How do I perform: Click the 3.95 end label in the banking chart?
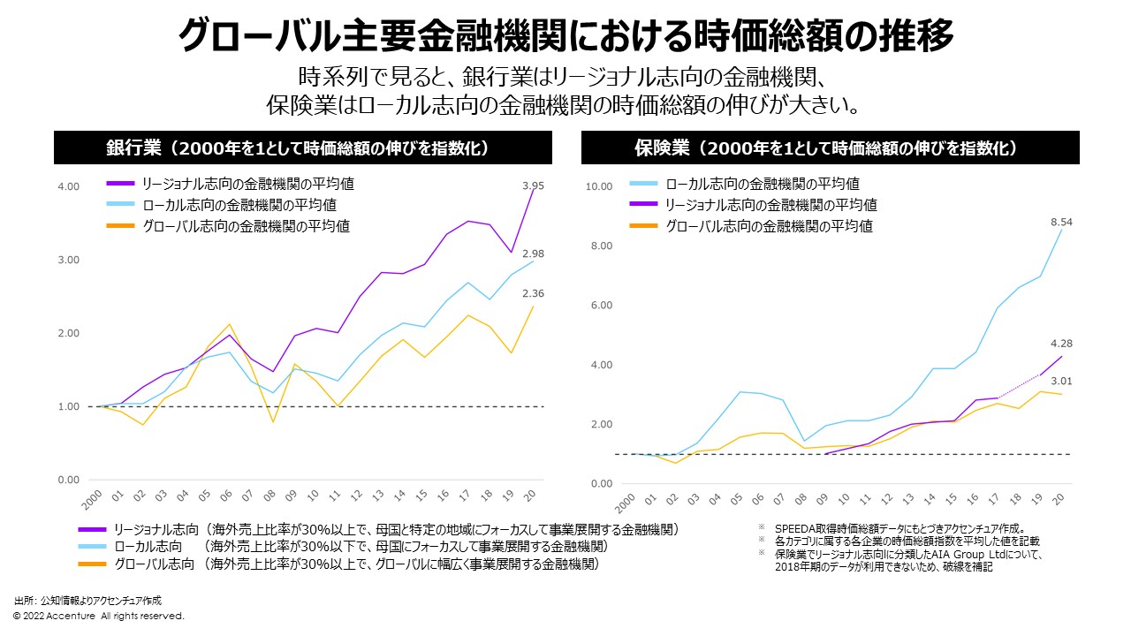click(x=533, y=186)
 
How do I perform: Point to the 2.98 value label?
click(x=533, y=254)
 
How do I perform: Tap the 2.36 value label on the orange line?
click(x=533, y=294)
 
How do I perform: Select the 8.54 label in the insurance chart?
click(x=1061, y=223)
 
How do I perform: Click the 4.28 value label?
click(x=1061, y=344)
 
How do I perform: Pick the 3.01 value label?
click(x=1061, y=382)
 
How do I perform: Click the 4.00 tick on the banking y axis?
click(x=68, y=186)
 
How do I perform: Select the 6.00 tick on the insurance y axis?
click(x=601, y=306)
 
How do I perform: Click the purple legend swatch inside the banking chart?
click(x=119, y=185)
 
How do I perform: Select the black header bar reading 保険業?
click(x=830, y=148)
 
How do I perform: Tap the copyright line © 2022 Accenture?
click(x=98, y=616)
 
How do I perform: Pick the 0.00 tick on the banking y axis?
click(x=68, y=480)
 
